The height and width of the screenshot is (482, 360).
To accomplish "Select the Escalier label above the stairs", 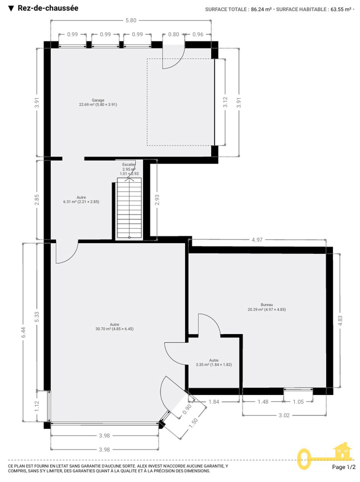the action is click(129, 164).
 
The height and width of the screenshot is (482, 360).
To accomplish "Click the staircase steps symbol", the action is click(129, 208).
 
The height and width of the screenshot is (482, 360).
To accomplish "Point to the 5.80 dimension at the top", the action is click(131, 20).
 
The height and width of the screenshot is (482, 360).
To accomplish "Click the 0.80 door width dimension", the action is click(174, 34).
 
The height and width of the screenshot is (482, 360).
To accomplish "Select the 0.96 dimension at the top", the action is click(198, 34).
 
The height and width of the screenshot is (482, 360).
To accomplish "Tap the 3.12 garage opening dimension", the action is click(225, 102).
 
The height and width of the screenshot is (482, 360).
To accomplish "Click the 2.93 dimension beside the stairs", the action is click(157, 200).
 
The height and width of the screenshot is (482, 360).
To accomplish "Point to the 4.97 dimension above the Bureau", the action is click(257, 240).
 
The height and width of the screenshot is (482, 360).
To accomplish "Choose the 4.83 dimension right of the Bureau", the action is click(340, 321).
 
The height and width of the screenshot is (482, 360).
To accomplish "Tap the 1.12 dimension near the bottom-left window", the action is click(37, 406).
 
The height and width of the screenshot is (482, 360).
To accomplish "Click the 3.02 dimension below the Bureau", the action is click(284, 415).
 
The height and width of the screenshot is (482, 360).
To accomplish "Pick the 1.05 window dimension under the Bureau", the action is click(298, 402).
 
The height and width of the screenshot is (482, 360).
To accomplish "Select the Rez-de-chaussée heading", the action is click(48, 8).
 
